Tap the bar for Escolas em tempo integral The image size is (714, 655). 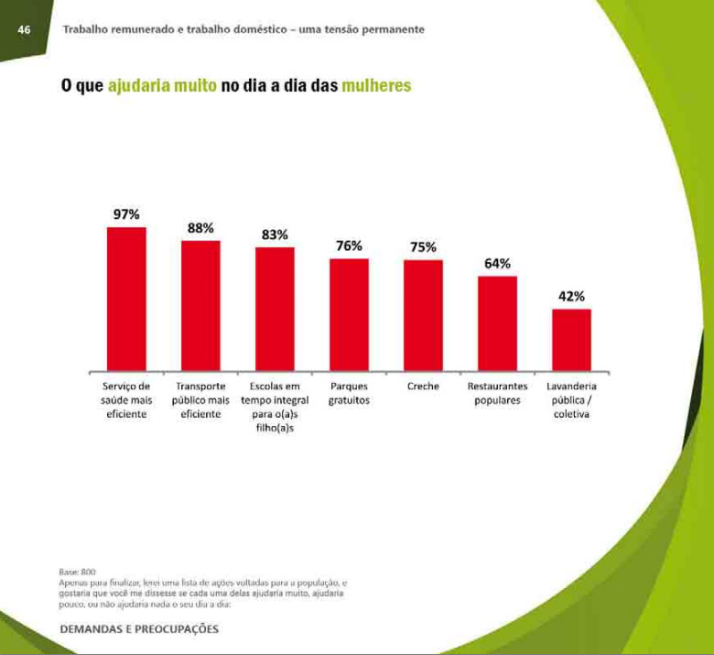pos(275,309)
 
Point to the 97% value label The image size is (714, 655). pos(126,214)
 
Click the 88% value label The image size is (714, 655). pos(200,228)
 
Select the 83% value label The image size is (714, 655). pos(275,235)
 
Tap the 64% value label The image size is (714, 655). pos(497,264)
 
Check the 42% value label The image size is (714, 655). pos(571,296)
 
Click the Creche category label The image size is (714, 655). pos(423,387)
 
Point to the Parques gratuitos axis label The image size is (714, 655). pos(349,394)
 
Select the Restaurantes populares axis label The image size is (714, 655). pos(497,394)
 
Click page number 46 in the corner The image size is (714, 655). pos(25,30)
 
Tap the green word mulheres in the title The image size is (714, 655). pos(375,86)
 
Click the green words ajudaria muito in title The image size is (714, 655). pos(162,86)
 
